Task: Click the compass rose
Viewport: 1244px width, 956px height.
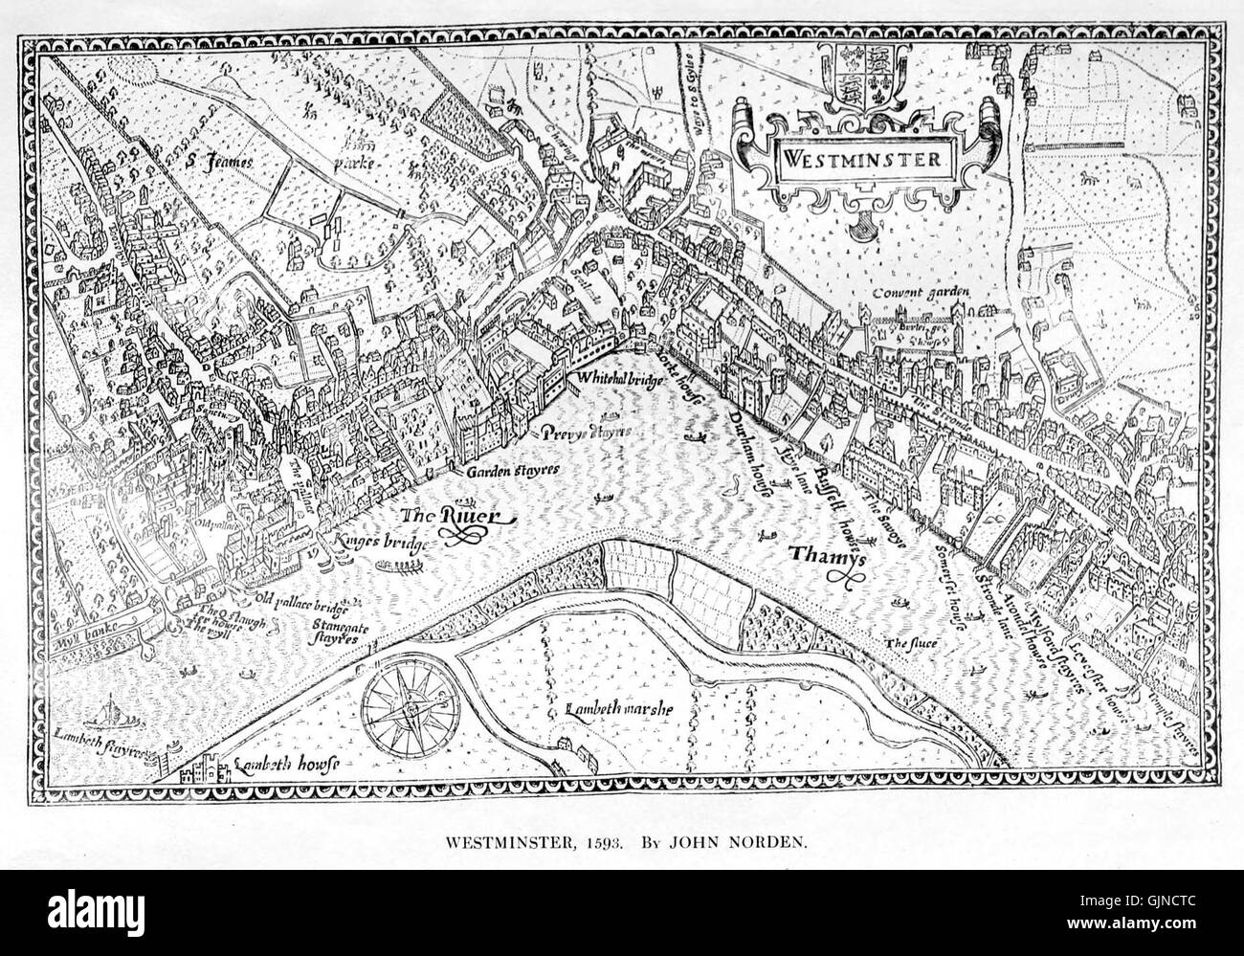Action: (x=411, y=706)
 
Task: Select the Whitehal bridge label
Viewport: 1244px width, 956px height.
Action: (x=617, y=378)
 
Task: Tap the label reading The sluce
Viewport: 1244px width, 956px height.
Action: (x=909, y=642)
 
